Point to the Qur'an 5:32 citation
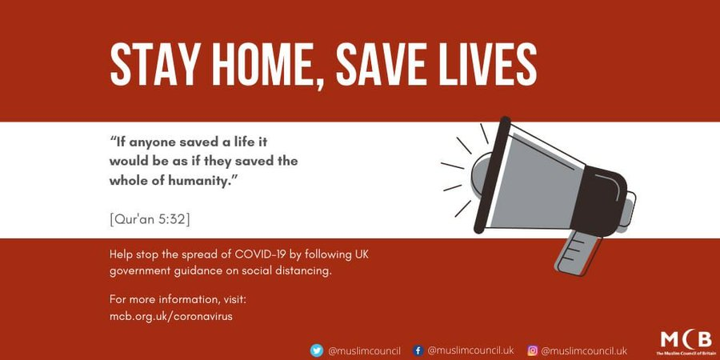click(150, 219)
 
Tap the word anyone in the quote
click(152, 142)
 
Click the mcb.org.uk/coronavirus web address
click(171, 316)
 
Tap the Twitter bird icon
click(316, 351)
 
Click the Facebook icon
click(418, 351)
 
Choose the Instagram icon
click(532, 351)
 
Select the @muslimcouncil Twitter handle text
click(365, 351)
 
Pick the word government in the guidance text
click(135, 271)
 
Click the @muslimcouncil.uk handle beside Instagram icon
click(584, 351)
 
